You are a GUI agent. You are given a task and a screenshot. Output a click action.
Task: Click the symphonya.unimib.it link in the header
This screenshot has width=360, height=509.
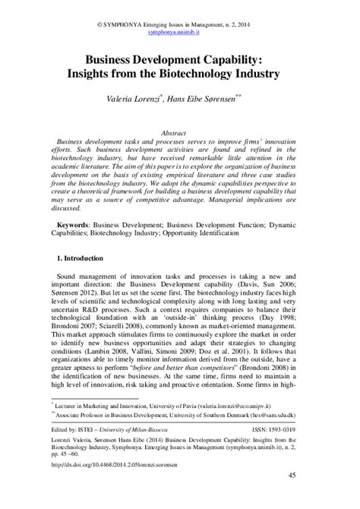[179, 14]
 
